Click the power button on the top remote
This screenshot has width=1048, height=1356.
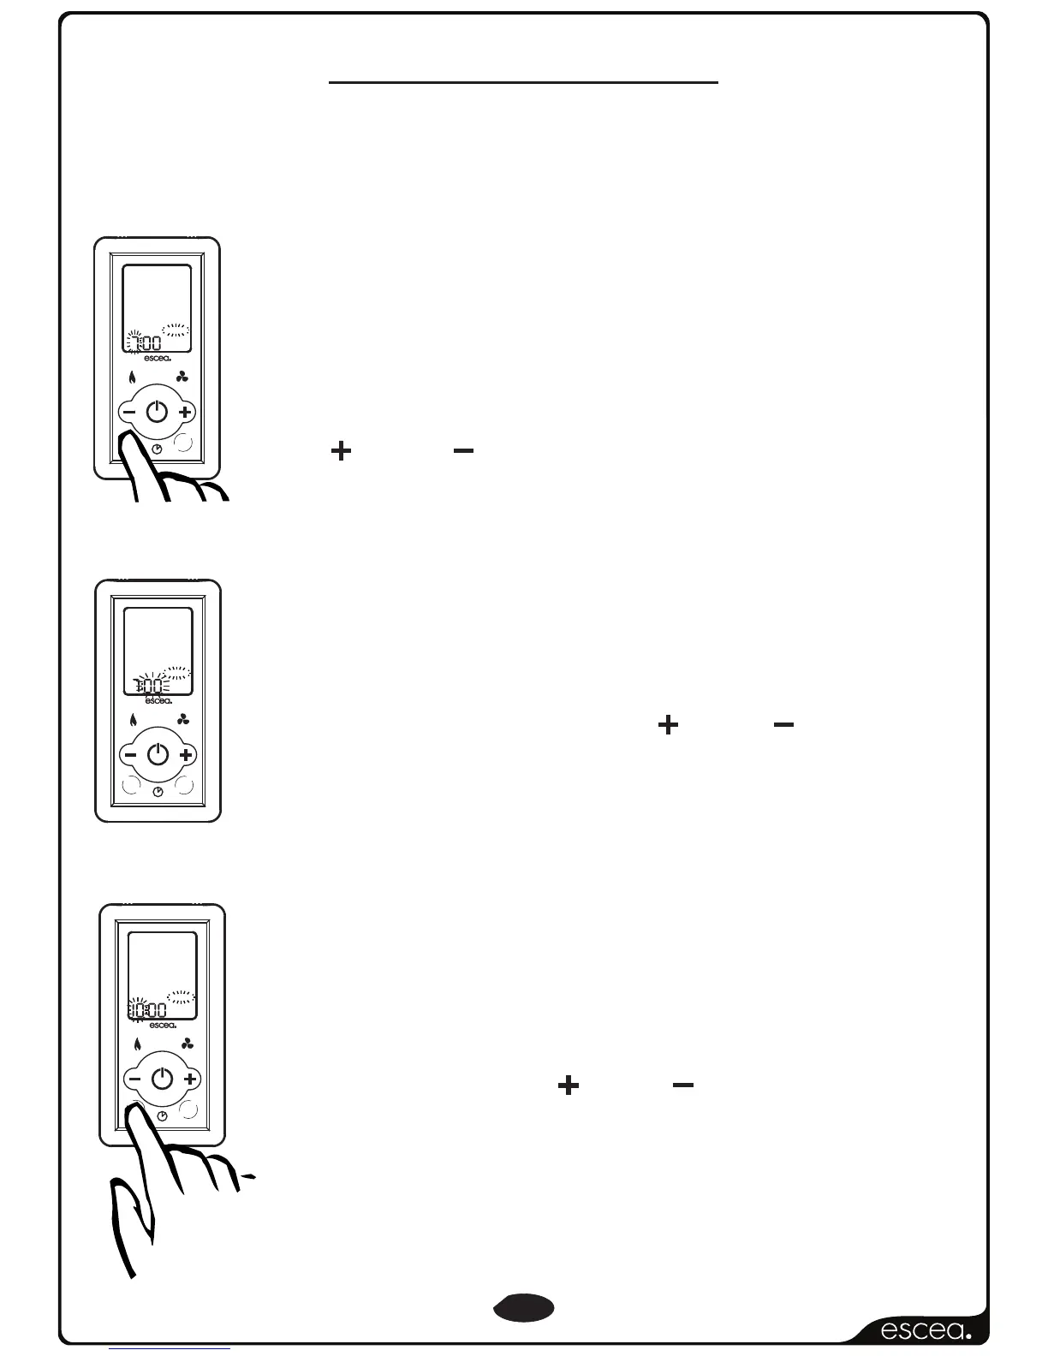pos(157,413)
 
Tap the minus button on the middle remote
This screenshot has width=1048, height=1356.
pos(130,755)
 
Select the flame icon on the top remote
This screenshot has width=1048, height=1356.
pos(132,378)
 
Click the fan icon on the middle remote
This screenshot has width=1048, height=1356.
pos(183,720)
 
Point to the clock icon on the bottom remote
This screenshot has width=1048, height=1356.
pos(163,1116)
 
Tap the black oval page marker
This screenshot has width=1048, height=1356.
pos(524,1307)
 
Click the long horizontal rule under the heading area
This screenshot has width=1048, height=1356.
pos(523,83)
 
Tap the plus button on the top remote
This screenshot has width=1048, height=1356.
pos(185,413)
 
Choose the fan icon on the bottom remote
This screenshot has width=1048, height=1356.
pos(188,1044)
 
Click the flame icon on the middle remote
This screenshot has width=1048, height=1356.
pos(134,720)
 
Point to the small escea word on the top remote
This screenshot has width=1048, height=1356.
pos(158,358)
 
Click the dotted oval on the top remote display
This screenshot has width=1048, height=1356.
pos(176,330)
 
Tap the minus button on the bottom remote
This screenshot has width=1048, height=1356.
pos(134,1079)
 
